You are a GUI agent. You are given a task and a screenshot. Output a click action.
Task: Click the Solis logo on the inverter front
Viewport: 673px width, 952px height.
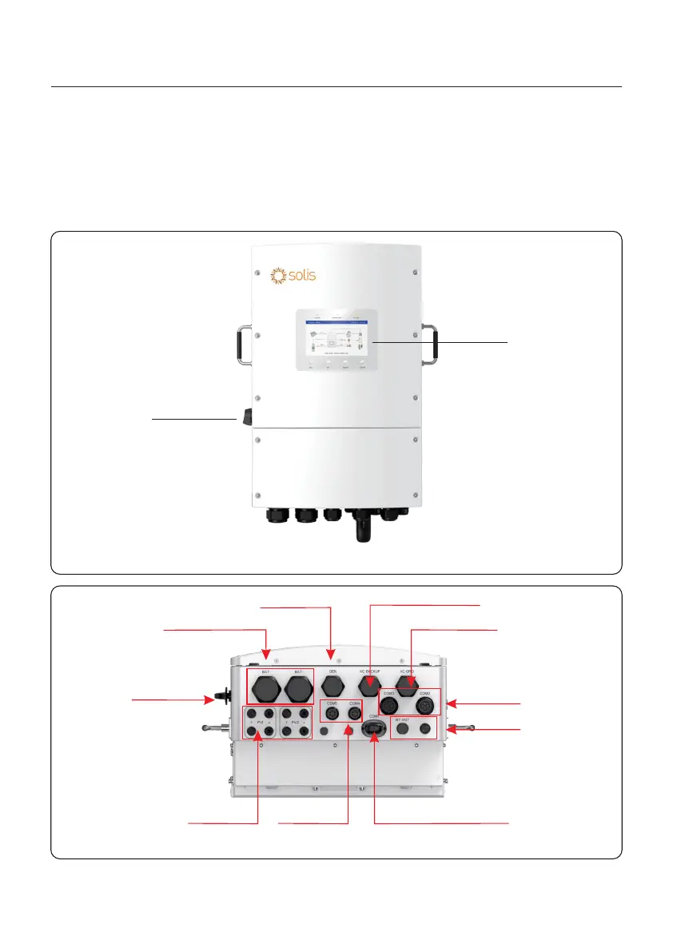(293, 276)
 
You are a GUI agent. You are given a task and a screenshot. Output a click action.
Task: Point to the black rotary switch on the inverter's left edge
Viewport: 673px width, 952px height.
(238, 416)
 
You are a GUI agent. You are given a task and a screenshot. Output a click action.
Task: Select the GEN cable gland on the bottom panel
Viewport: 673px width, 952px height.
(332, 685)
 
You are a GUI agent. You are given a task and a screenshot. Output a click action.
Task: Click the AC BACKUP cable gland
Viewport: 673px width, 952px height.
(368, 685)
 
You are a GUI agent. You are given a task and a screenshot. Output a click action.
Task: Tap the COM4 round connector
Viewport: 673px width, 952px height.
(355, 710)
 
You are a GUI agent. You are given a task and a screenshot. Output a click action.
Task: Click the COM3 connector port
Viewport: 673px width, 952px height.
(390, 706)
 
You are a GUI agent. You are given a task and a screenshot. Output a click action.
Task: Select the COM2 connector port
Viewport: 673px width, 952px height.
(424, 706)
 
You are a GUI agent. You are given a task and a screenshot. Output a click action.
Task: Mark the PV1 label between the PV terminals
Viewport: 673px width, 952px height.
(260, 721)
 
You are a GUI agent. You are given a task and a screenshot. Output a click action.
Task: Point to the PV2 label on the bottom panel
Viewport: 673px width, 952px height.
(295, 721)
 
